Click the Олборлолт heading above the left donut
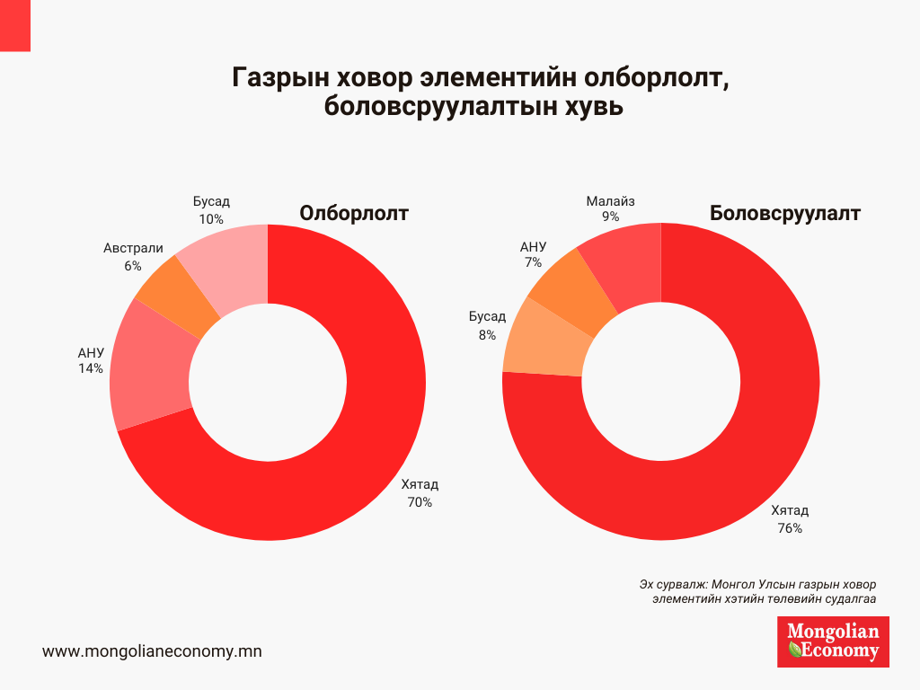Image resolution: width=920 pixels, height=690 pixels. [x=354, y=214]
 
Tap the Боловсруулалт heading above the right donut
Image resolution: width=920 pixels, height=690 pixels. [x=785, y=214]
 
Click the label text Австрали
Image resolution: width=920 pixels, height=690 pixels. [x=133, y=248]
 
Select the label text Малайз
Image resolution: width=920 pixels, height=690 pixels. [x=610, y=201]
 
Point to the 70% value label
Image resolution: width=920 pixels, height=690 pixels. [x=420, y=502]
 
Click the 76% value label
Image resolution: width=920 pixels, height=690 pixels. [x=790, y=528]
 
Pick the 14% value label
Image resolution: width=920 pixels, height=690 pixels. [x=91, y=368]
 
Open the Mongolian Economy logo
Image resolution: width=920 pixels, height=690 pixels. [x=833, y=641]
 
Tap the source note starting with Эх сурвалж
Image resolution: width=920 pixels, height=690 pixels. [x=760, y=590]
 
